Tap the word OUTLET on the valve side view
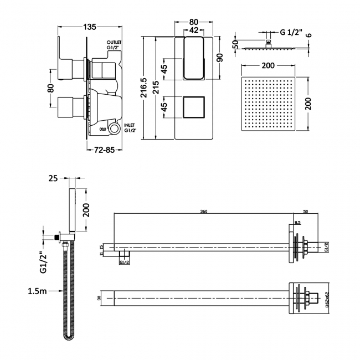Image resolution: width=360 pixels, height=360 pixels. (115, 42)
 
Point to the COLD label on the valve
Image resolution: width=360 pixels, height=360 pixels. (103, 128)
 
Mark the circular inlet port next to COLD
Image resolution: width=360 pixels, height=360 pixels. (115, 129)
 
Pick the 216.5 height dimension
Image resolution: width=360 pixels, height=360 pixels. (144, 88)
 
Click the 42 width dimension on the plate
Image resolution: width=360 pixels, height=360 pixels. (194, 30)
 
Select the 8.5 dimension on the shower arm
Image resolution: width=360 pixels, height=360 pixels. (297, 222)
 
